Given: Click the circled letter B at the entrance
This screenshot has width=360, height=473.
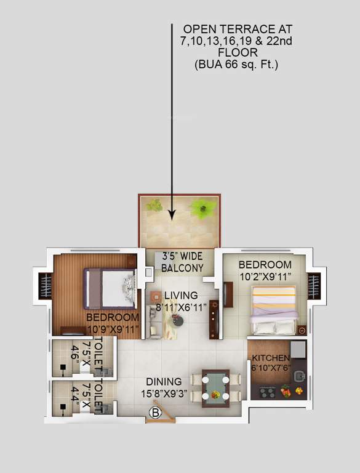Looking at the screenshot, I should pyautogui.click(x=156, y=414).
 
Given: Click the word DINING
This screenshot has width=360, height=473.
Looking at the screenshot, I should pyautogui.click(x=164, y=382).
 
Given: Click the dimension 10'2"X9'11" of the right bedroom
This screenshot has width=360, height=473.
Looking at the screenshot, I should pyautogui.click(x=265, y=276).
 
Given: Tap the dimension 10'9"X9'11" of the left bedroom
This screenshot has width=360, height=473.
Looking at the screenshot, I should pyautogui.click(x=113, y=328).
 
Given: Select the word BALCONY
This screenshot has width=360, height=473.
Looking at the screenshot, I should pyautogui.click(x=182, y=268).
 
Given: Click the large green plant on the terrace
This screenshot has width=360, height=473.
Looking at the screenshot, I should pyautogui.click(x=201, y=210).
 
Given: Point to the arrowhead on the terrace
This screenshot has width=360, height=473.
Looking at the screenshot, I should pyautogui.click(x=172, y=213).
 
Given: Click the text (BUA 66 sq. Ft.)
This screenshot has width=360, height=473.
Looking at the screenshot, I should pyautogui.click(x=236, y=64).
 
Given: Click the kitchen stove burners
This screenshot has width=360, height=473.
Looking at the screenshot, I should pyautogui.click(x=267, y=392).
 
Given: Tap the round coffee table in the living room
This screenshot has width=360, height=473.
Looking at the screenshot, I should pyautogui.click(x=177, y=320).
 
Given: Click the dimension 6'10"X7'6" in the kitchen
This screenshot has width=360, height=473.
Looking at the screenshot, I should pyautogui.click(x=270, y=368).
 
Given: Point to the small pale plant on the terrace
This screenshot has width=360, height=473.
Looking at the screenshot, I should pyautogui.click(x=156, y=205).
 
